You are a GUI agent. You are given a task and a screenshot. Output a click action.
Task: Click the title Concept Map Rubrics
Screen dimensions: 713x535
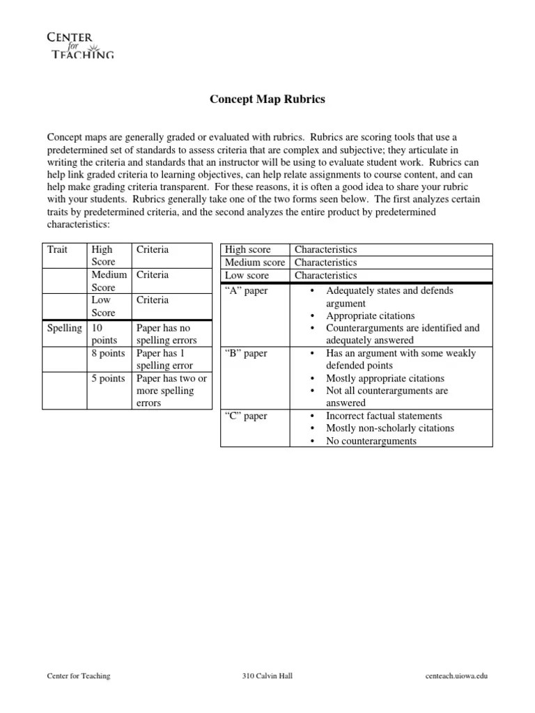click(267, 100)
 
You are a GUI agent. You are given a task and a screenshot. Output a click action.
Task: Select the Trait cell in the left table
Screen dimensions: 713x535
click(57, 249)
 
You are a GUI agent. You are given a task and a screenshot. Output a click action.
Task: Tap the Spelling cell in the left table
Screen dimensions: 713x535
click(63, 328)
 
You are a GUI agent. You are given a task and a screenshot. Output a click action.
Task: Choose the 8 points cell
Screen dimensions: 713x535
click(108, 353)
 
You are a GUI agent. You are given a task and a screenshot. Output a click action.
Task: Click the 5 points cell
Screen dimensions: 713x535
click(108, 378)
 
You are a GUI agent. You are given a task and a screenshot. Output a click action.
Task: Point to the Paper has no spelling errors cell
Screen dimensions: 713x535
click(166, 334)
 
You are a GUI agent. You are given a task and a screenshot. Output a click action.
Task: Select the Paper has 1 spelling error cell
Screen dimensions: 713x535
click(164, 359)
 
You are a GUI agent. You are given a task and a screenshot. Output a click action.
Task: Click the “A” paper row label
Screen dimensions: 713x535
click(246, 290)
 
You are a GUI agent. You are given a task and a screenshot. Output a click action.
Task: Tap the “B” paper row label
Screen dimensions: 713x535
click(246, 353)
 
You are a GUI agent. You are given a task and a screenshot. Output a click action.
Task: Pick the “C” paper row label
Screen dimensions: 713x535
click(246, 416)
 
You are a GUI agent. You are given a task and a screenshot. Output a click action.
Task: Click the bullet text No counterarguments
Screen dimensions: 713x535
click(371, 441)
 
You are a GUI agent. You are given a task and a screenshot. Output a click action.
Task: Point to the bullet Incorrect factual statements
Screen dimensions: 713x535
click(384, 416)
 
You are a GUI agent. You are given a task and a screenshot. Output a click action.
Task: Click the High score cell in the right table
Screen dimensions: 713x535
click(248, 249)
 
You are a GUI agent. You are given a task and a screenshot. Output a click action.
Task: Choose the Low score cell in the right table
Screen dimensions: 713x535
click(247, 276)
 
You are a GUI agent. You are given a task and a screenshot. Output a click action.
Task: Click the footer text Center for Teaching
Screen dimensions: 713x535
click(78, 676)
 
